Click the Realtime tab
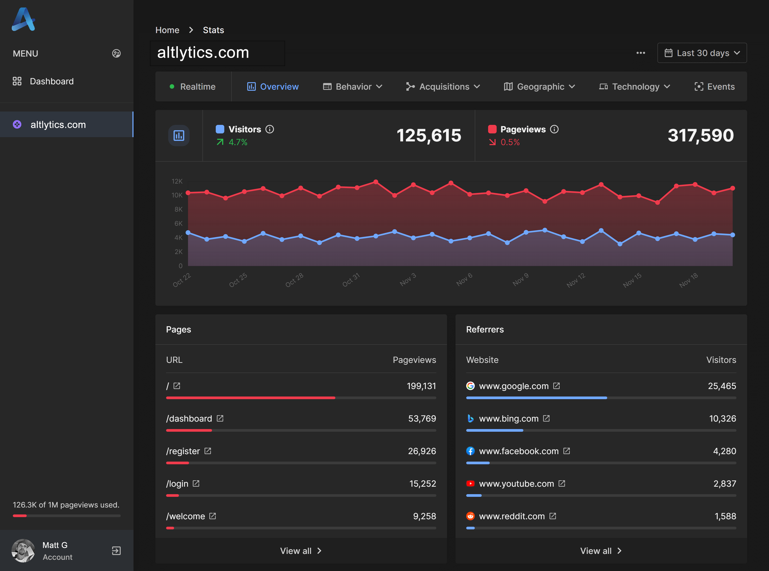tap(193, 86)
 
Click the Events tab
tap(714, 86)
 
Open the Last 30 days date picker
tap(702, 53)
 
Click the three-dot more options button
tap(641, 53)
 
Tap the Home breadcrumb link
tap(167, 30)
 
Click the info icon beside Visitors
tap(269, 129)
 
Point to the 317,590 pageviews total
tap(700, 135)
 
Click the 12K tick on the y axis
tap(177, 181)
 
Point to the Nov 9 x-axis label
tap(521, 279)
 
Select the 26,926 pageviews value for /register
tap(422, 451)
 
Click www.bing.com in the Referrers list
tap(508, 419)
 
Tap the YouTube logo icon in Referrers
tap(470, 483)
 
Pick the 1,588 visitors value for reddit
tap(725, 516)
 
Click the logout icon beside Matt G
tap(116, 551)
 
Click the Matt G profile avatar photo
tap(23, 551)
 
